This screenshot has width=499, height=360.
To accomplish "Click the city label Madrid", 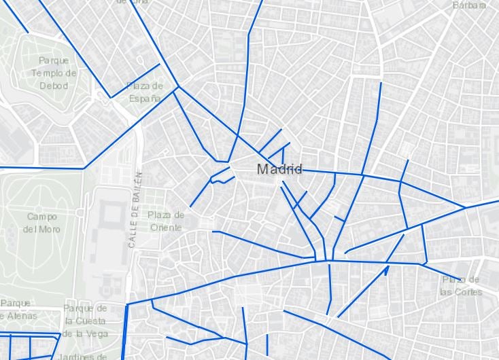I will pyautogui.click(x=279, y=169).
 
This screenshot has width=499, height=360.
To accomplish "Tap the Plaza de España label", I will pyautogui.click(x=145, y=92).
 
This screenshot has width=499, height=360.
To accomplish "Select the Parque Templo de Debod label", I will pyautogui.click(x=54, y=73).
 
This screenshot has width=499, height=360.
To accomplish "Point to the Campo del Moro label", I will pyautogui.click(x=42, y=223).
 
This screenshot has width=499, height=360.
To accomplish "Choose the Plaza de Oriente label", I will pyautogui.click(x=166, y=221).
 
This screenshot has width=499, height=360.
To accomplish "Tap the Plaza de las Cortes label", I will pyautogui.click(x=460, y=286).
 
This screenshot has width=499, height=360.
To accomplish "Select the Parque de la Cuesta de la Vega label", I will pyautogui.click(x=85, y=321).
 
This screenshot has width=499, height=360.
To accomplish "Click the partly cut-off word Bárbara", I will pyautogui.click(x=469, y=5).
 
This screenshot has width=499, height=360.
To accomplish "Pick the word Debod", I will pyautogui.click(x=54, y=86).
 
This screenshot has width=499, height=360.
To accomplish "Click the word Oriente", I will pyautogui.click(x=166, y=228).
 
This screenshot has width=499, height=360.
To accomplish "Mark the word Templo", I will pyautogui.click(x=54, y=73).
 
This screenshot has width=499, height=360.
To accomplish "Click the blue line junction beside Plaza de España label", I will pyautogui.click(x=178, y=87).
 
